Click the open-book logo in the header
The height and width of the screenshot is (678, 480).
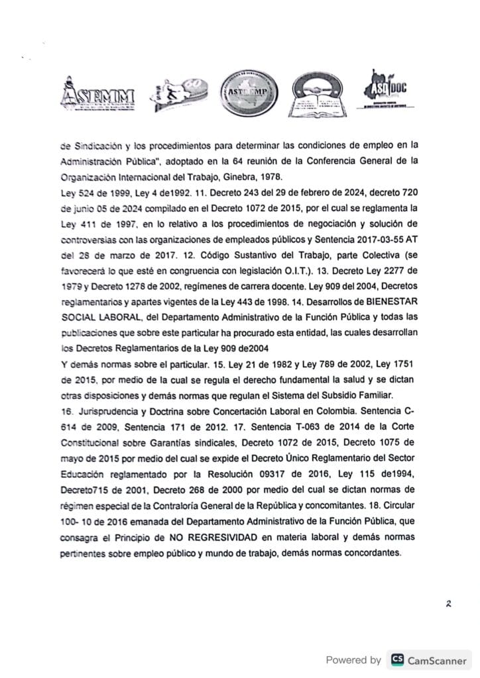(x=318, y=93)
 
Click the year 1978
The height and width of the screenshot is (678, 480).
(x=293, y=178)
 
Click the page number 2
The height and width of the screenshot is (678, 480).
(x=448, y=604)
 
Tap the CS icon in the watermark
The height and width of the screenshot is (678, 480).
(x=398, y=659)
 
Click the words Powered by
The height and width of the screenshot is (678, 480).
(x=353, y=659)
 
